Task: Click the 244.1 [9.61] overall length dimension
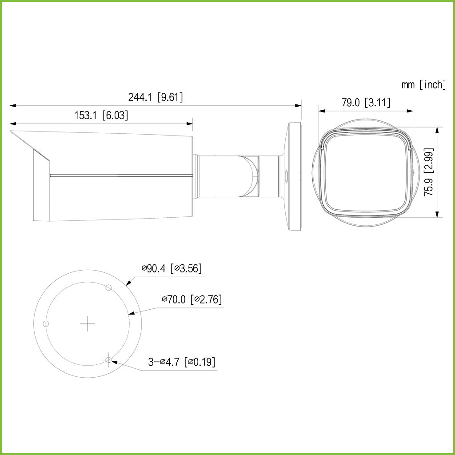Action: click(156, 97)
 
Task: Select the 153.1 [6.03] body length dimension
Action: click(101, 116)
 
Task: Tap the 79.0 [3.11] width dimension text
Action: click(366, 103)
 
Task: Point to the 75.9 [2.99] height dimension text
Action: click(429, 172)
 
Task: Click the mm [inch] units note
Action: click(423, 84)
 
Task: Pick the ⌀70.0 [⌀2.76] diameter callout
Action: click(192, 299)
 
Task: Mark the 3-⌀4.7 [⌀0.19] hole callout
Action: click(182, 362)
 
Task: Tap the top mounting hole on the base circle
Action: click(108, 287)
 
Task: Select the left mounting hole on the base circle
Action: click(45, 323)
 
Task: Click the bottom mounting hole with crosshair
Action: click(108, 360)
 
